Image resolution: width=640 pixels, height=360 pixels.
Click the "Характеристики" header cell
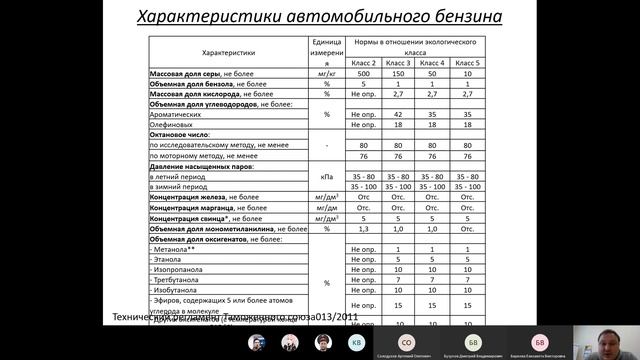[230, 52]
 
